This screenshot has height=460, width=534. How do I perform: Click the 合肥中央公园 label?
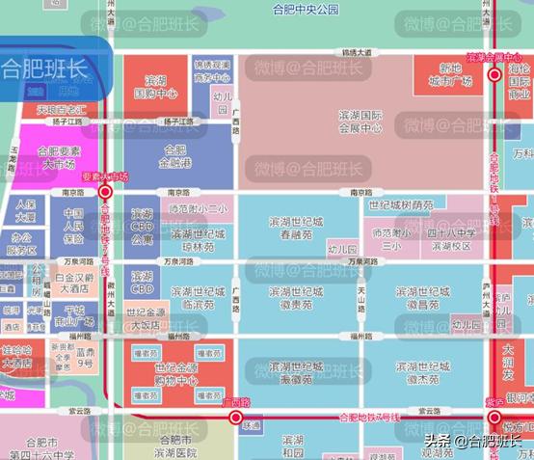coord(307,10)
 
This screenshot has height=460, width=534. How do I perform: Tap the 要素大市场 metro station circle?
coord(106,191)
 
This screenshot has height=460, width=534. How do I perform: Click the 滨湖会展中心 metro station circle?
coord(494,72)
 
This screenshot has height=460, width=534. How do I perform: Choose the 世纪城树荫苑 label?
coord(401,205)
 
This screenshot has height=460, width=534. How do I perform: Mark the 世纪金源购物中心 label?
coord(175,373)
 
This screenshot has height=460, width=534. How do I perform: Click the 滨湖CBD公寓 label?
coord(142,227)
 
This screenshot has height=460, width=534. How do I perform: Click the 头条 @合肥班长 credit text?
coord(477,441)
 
